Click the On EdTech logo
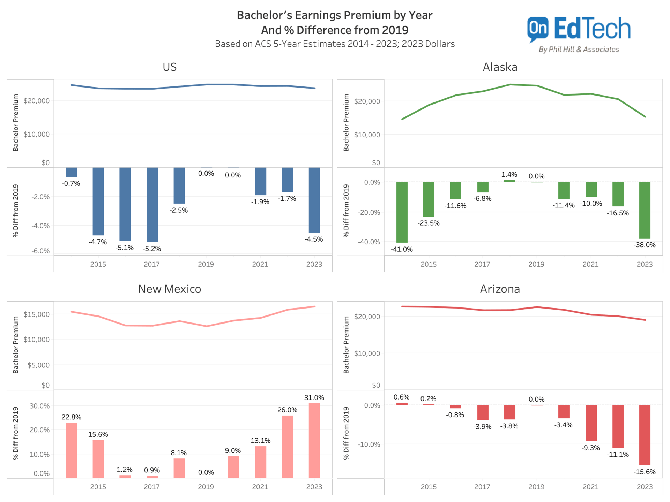(x=579, y=30)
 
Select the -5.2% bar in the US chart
(x=152, y=205)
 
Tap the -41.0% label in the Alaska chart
(x=402, y=249)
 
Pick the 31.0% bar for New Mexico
(x=314, y=440)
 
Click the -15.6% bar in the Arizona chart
(x=645, y=435)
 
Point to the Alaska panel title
(x=500, y=67)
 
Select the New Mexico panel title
(x=170, y=289)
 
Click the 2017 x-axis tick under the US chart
(x=151, y=264)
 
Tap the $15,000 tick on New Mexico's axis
(x=37, y=314)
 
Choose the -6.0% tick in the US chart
(x=40, y=251)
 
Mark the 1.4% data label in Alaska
(x=509, y=175)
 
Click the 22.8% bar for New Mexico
(x=71, y=450)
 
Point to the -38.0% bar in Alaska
(x=645, y=210)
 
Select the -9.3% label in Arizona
(x=590, y=448)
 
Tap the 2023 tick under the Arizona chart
(x=644, y=487)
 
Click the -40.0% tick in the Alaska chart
(x=369, y=242)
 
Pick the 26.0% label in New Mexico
(x=287, y=410)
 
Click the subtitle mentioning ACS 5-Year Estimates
(x=335, y=44)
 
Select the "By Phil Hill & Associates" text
(x=579, y=50)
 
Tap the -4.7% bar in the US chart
(x=98, y=201)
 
